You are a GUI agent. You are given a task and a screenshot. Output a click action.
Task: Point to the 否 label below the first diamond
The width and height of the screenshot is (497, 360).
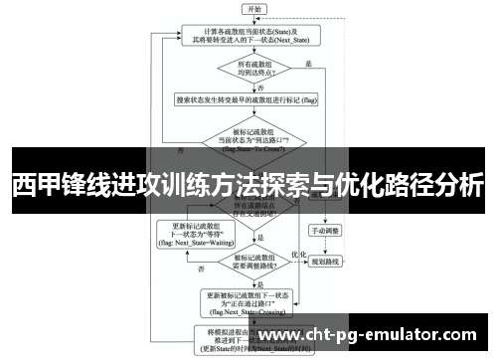[x=260, y=89]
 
